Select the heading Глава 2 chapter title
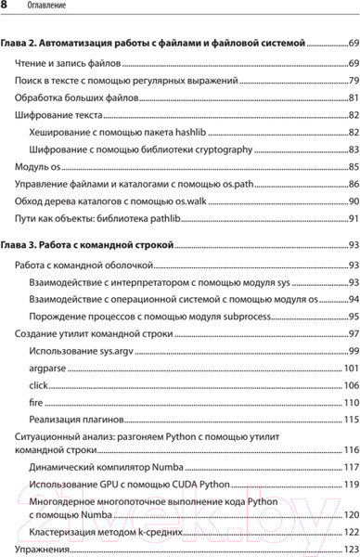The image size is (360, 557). [159, 43]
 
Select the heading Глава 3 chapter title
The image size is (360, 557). [88, 246]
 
